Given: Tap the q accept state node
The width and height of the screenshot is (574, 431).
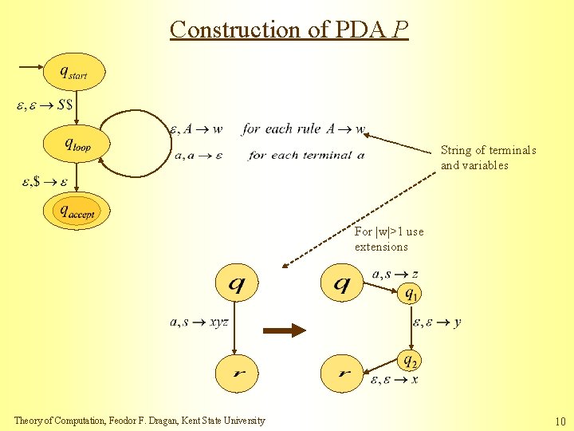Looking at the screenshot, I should (x=77, y=211).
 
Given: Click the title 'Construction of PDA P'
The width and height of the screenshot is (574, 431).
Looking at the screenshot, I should (x=289, y=30).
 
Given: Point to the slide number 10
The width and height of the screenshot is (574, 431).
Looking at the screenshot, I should (x=560, y=421).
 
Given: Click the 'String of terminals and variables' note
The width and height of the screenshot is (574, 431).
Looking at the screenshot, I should (x=488, y=158).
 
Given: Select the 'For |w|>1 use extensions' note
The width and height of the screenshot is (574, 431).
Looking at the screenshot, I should (x=389, y=239).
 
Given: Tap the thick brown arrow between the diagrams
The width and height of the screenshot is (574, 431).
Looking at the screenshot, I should (x=285, y=330).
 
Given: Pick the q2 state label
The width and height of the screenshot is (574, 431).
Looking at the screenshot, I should (x=410, y=361).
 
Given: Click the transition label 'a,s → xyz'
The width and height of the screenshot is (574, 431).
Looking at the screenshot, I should (x=199, y=322).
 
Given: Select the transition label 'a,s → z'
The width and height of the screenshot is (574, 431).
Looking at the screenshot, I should (x=395, y=275).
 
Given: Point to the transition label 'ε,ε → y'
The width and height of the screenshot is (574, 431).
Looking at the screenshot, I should (x=436, y=322).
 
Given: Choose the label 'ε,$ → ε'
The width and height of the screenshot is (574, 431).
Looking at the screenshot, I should (x=45, y=182).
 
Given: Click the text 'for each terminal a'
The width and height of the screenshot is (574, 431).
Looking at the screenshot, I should (x=306, y=155).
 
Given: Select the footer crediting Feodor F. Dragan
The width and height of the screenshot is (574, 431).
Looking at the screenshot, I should (x=140, y=421).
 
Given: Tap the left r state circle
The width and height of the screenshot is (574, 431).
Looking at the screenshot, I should (x=237, y=373).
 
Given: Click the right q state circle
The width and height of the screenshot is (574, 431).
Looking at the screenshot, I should (x=342, y=284).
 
